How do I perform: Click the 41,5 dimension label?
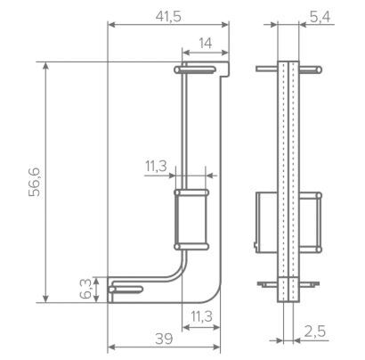pos(168,17)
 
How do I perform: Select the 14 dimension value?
pos(206,44)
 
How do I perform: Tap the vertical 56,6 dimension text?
pos(35,182)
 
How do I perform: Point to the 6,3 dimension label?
pos(85,290)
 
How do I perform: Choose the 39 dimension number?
pos(164,339)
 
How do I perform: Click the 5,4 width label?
pos(320,17)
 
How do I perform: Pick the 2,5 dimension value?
pos(315,331)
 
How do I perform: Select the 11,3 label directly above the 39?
pos(201,316)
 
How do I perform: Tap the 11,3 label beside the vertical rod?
pos(156,166)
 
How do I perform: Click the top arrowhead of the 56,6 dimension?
pos(45,66)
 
